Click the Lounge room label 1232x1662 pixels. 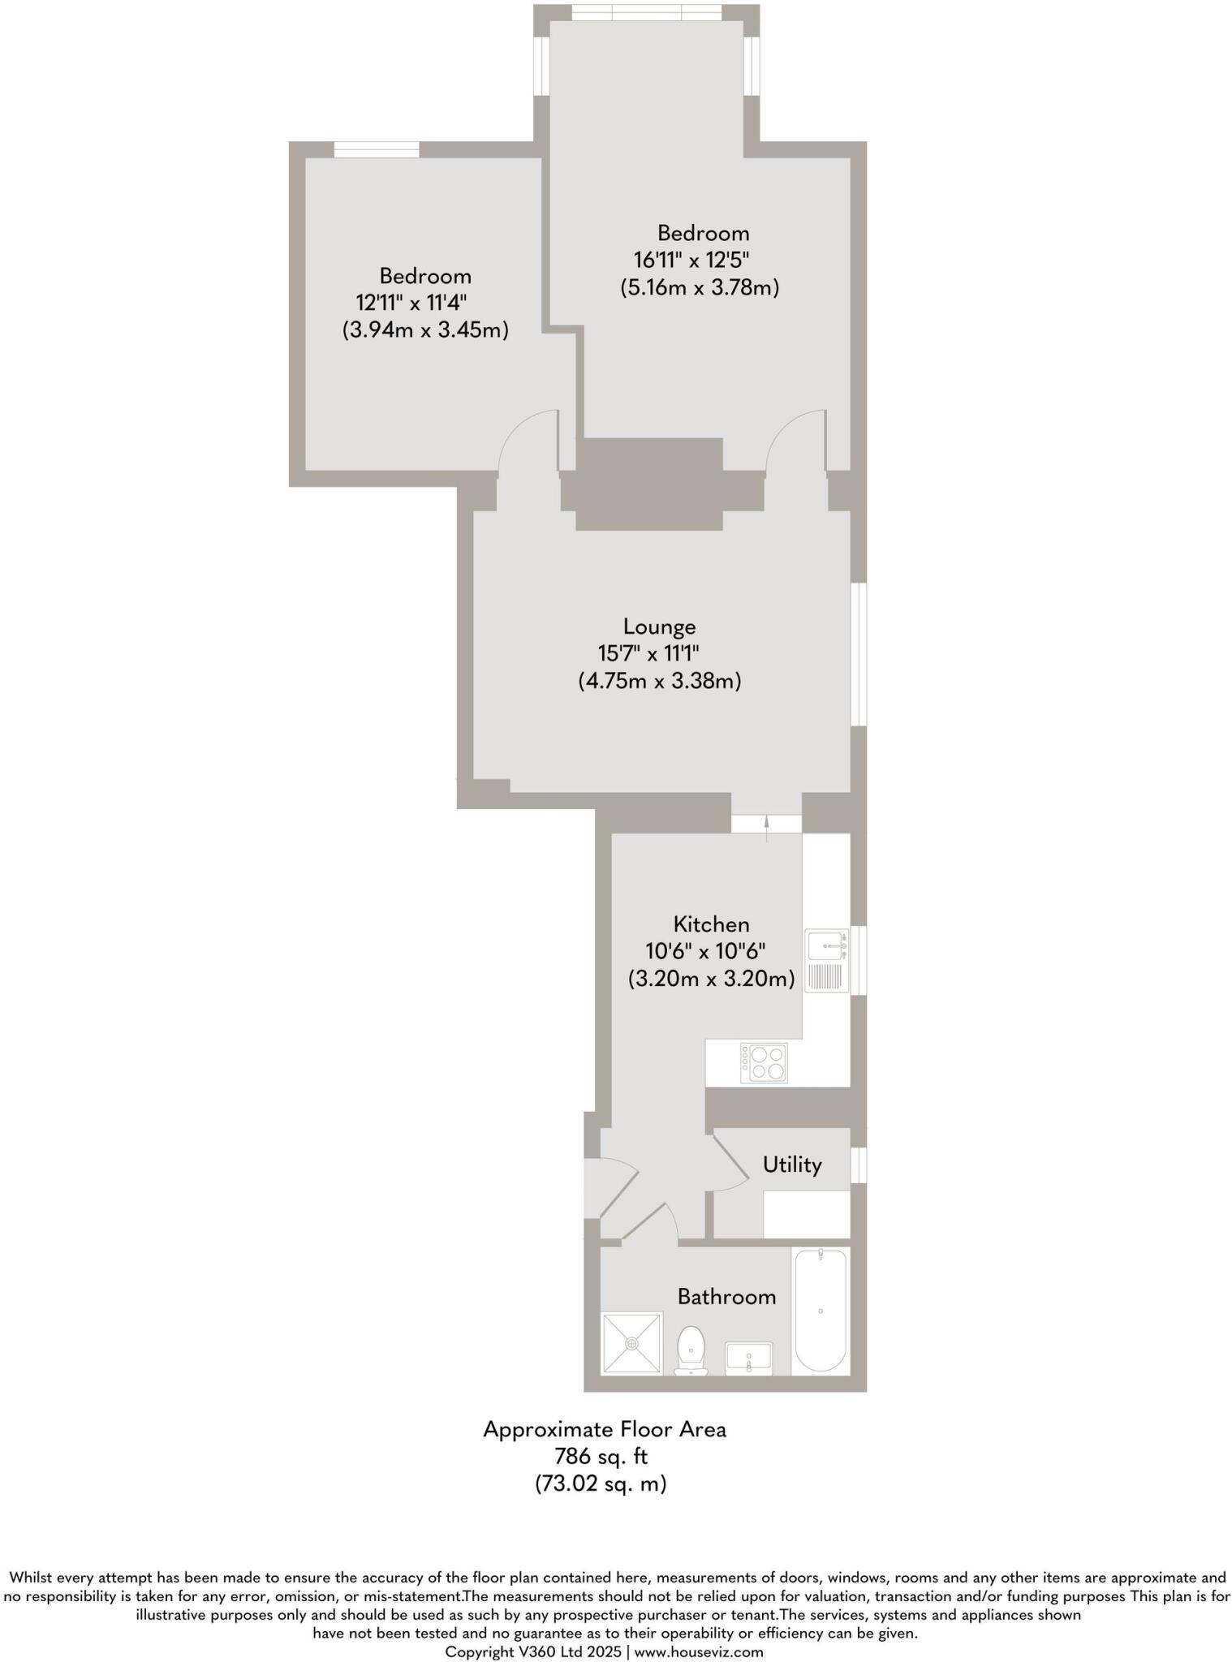point(659,626)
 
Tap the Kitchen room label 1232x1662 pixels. point(711,924)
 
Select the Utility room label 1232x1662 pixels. point(791,1165)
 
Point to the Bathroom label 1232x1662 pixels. point(726,1297)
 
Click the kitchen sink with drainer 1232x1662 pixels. point(827,961)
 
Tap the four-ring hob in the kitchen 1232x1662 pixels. point(764,1063)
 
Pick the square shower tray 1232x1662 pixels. point(631,1344)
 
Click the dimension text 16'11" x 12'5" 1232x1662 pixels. point(691,260)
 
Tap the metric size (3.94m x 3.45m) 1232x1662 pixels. point(425,330)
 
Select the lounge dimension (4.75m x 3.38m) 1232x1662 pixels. point(659,680)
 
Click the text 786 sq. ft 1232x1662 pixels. point(601,1457)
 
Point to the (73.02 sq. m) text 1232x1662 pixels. point(601,1484)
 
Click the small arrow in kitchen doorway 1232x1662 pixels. point(767,826)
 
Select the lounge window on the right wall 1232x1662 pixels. point(859,654)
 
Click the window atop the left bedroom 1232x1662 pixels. point(377,149)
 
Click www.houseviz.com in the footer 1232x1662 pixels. point(699,1651)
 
